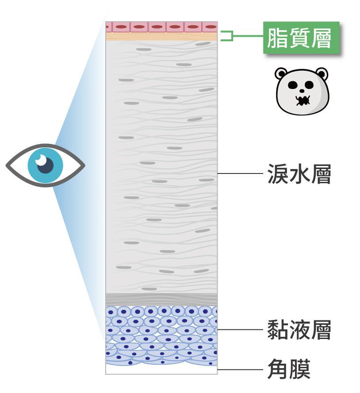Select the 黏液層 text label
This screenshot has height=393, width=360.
[299, 330]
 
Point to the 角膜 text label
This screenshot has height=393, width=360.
[288, 370]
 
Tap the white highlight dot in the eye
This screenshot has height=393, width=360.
[41, 159]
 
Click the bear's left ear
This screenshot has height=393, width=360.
[282, 73]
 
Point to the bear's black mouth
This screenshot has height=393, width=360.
[303, 100]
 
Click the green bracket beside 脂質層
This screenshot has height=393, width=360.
[226, 36]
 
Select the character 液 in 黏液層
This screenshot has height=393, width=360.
[299, 330]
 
